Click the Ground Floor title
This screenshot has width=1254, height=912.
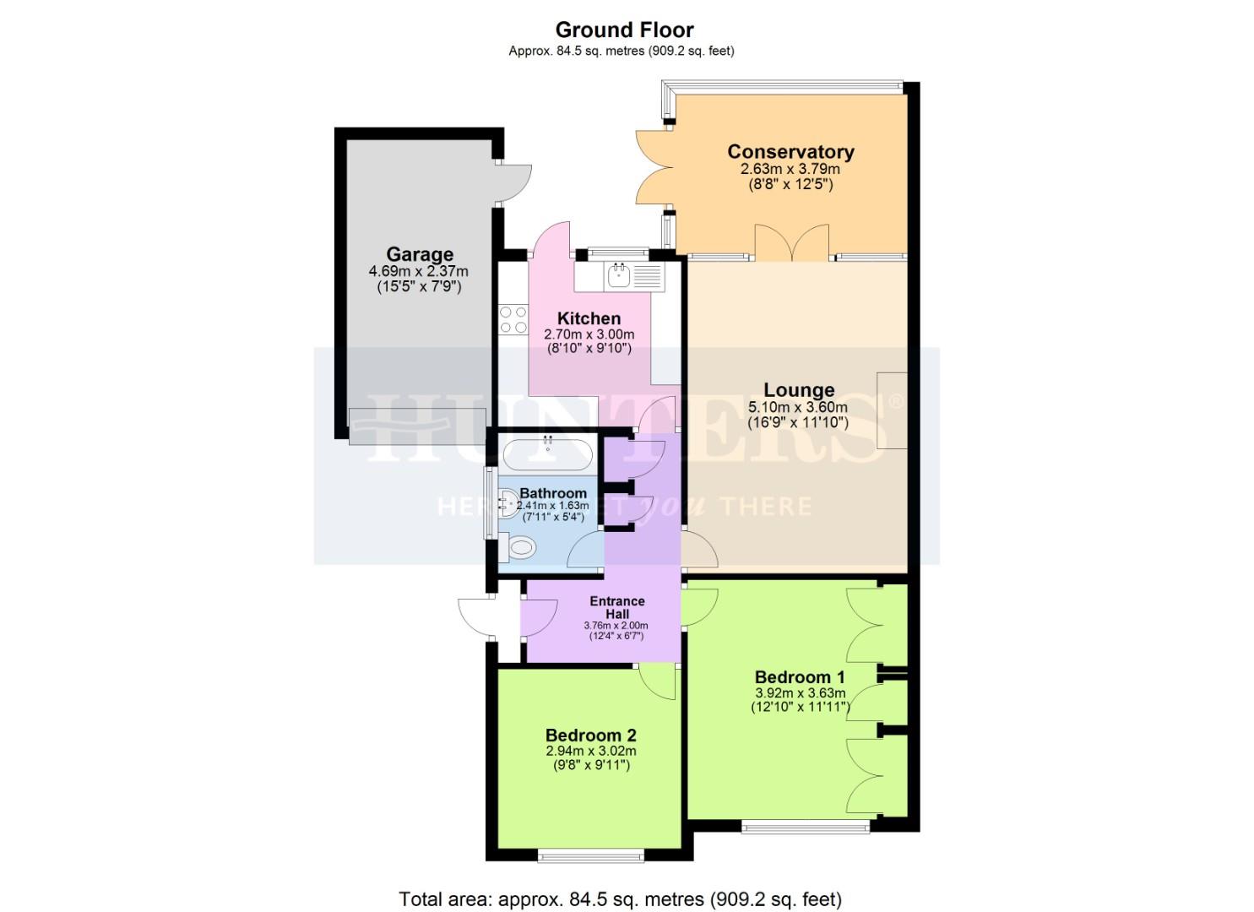[x=624, y=30]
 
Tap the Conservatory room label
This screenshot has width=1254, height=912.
[x=790, y=152]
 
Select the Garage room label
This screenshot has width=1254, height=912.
[x=420, y=254]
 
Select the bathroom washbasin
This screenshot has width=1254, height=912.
[x=508, y=505]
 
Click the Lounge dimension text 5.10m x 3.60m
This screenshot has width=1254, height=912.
[x=798, y=407]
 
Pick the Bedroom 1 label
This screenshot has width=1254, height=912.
[x=799, y=677]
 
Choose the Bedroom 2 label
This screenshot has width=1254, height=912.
[x=590, y=736]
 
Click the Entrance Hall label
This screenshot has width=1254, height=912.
[x=616, y=607]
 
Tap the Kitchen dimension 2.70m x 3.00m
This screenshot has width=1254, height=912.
[x=589, y=334]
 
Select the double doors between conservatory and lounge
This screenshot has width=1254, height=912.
[x=791, y=242]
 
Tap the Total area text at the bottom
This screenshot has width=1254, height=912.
[x=620, y=899]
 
